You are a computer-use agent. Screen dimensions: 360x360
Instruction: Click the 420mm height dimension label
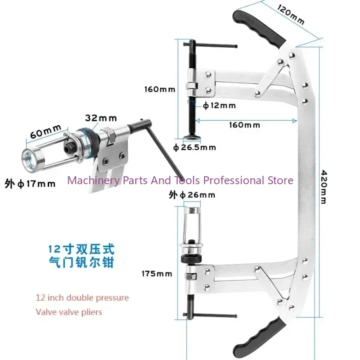[x=323, y=186]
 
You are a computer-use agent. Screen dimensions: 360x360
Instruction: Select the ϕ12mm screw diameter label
[x=219, y=105]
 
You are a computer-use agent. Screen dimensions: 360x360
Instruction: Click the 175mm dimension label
[x=157, y=274]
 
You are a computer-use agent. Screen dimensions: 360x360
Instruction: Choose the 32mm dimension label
[x=101, y=118]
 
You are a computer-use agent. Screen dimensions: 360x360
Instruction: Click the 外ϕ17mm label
[x=30, y=183]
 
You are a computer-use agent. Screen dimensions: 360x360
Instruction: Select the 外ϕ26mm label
[x=192, y=195]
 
